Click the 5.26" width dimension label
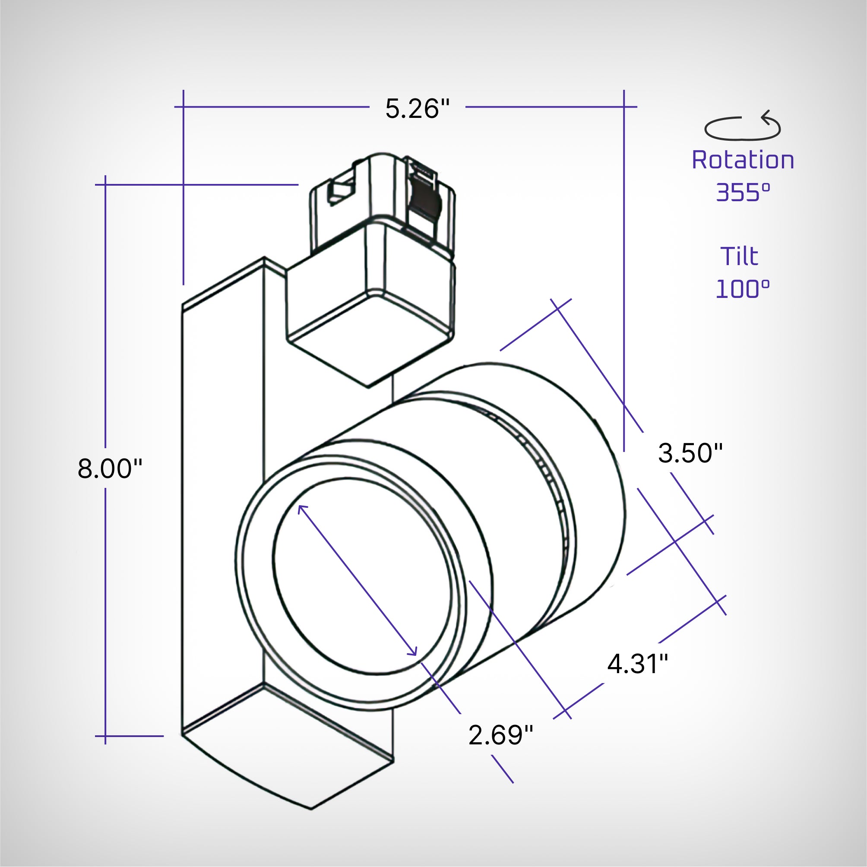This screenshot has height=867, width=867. (x=417, y=109)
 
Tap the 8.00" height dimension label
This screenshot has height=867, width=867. (x=110, y=469)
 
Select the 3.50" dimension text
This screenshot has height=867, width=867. (x=690, y=453)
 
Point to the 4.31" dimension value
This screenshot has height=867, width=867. (x=638, y=664)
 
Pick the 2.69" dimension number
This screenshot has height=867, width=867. (x=500, y=735)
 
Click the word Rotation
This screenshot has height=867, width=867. (x=743, y=160)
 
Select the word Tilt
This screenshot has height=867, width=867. (x=739, y=257)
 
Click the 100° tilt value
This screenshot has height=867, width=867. (x=743, y=289)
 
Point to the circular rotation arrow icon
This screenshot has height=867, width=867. (x=743, y=127)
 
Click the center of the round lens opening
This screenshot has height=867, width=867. (x=362, y=577)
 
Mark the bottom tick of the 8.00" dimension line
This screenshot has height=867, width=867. (x=105, y=737)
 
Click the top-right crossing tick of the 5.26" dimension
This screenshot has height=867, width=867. (x=624, y=107)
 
